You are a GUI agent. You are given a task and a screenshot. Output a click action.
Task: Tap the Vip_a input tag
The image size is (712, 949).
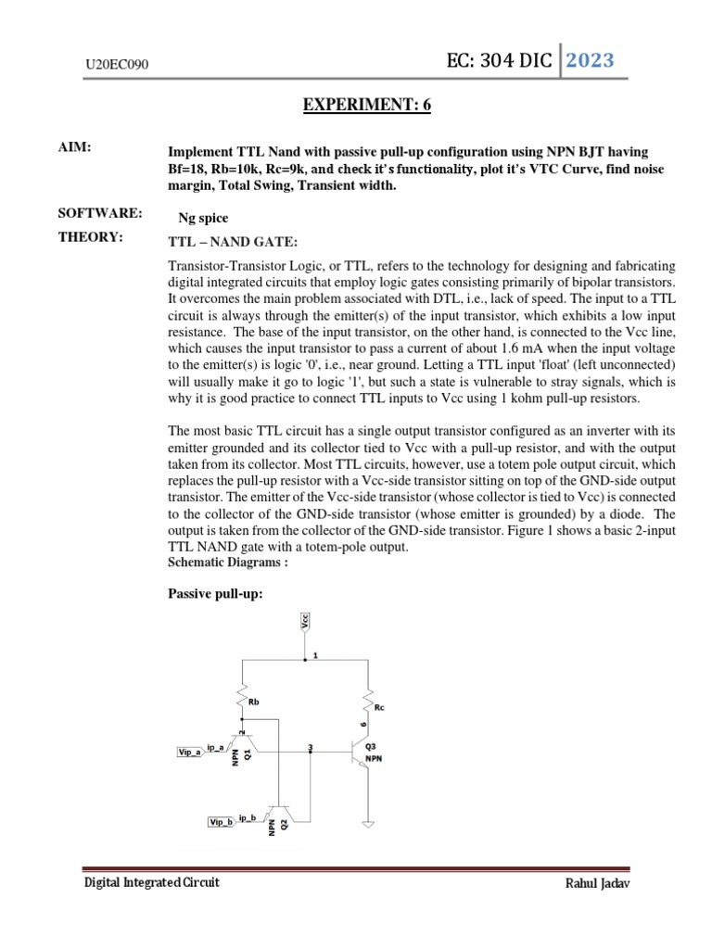191,753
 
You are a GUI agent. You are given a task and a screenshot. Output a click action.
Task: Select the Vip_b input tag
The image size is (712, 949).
221,821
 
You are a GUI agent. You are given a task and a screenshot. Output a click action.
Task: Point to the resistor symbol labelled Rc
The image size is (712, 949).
368,701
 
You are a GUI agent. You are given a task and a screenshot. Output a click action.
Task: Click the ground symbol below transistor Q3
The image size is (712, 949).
368,823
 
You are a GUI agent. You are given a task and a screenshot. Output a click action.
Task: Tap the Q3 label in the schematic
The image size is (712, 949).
370,746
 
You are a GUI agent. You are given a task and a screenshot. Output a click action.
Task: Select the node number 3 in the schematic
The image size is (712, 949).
310,747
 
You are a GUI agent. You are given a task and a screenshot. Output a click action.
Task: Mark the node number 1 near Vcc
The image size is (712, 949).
315,655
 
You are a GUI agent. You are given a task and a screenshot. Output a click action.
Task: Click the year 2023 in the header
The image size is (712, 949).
591,61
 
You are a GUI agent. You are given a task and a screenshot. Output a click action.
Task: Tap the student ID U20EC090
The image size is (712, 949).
117,65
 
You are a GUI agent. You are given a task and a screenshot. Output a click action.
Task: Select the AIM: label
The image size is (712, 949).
75,149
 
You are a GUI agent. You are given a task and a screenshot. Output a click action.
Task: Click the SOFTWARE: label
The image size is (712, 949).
100,214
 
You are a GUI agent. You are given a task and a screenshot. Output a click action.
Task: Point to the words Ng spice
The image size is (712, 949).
203,218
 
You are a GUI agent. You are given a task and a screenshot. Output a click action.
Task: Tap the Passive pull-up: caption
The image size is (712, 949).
214,592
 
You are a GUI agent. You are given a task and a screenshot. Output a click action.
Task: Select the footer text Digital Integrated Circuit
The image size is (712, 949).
152,882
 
